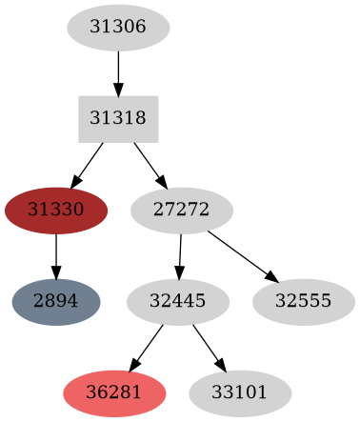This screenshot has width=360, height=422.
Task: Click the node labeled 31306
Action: click(118, 29)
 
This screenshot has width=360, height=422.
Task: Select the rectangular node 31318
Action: click(118, 118)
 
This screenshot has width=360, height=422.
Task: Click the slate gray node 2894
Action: click(56, 301)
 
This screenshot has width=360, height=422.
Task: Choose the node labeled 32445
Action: click(178, 301)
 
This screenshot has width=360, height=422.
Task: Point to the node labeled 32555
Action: click(304, 301)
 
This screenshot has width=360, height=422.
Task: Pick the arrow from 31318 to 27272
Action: click(150, 164)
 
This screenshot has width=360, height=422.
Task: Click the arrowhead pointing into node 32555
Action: click(273, 278)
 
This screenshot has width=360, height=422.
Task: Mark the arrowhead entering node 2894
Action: click(56, 272)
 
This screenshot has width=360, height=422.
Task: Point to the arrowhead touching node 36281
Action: click(133, 366)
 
